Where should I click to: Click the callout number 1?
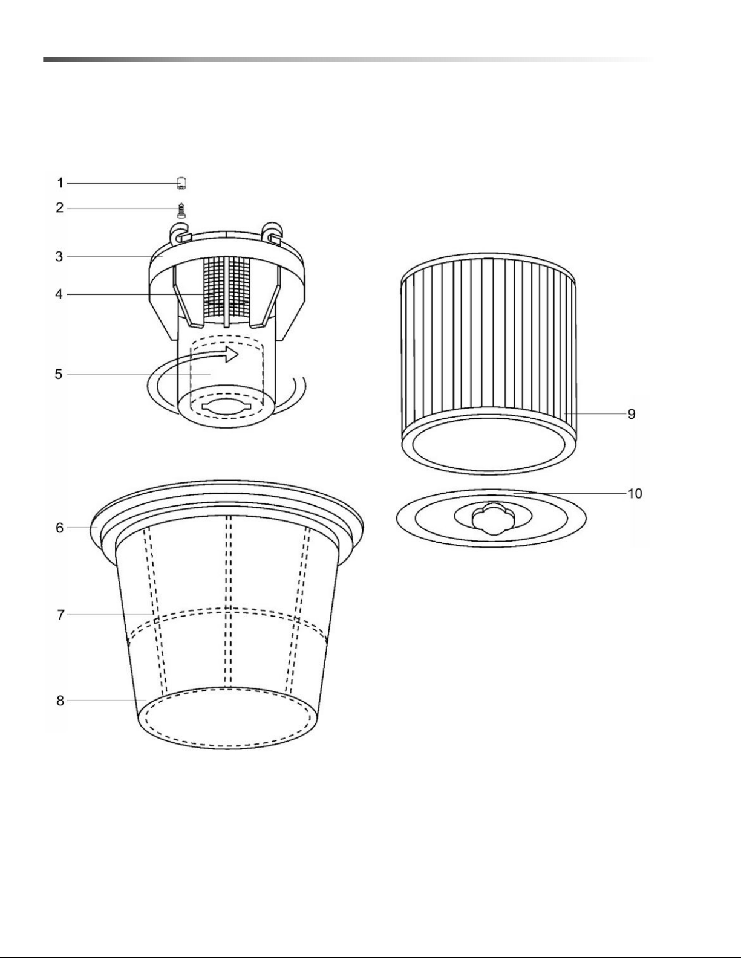pyautogui.click(x=60, y=183)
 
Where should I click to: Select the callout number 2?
pyautogui.click(x=59, y=208)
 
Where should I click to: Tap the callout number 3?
pyautogui.click(x=59, y=257)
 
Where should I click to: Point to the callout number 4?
pyautogui.click(x=59, y=294)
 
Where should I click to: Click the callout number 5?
pyautogui.click(x=59, y=374)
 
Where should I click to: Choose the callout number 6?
pyautogui.click(x=60, y=528)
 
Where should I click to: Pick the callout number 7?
pyautogui.click(x=60, y=615)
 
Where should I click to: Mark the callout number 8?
pyautogui.click(x=60, y=701)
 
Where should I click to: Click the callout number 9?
pyautogui.click(x=632, y=414)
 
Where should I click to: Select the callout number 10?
pyautogui.click(x=635, y=494)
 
